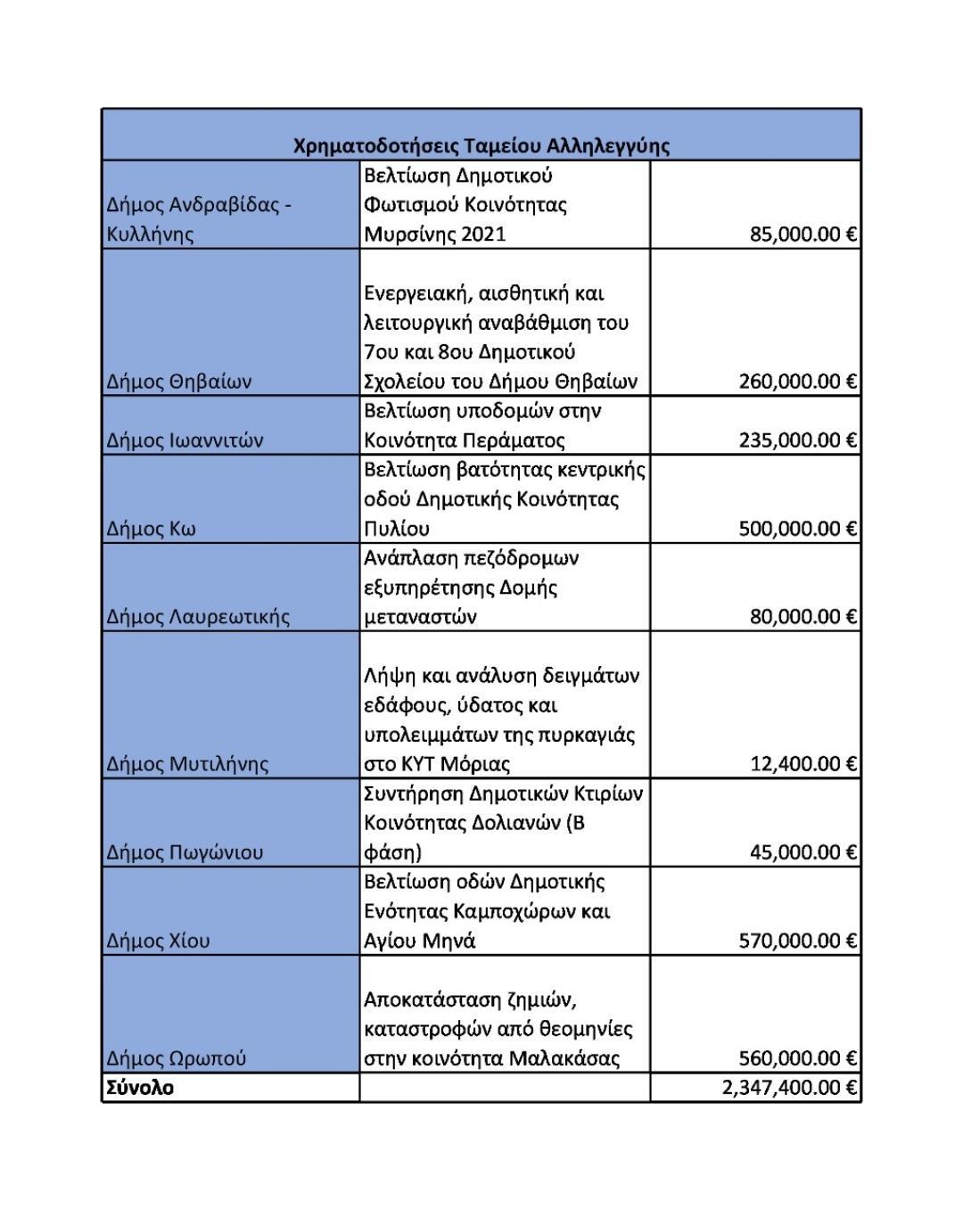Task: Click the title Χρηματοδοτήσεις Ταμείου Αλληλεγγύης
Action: tap(481, 145)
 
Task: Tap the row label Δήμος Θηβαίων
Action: tap(178, 382)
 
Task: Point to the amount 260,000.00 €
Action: tap(797, 382)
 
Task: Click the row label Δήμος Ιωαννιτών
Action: tap(185, 440)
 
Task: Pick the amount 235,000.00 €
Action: tap(797, 440)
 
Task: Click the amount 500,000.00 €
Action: tap(797, 529)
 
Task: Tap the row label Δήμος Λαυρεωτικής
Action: tap(198, 617)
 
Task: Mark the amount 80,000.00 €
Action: tap(802, 617)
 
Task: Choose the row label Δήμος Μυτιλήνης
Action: tap(187, 764)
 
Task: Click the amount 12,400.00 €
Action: tap(802, 764)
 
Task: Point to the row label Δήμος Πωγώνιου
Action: tap(185, 852)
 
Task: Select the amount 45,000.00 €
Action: tap(802, 852)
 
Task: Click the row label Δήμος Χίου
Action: tap(158, 941)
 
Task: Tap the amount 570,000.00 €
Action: tap(797, 941)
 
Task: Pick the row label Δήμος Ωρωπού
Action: tap(176, 1058)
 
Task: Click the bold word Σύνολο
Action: tap(140, 1088)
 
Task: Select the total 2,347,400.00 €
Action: tap(789, 1088)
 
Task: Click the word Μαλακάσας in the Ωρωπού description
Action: tap(564, 1058)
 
